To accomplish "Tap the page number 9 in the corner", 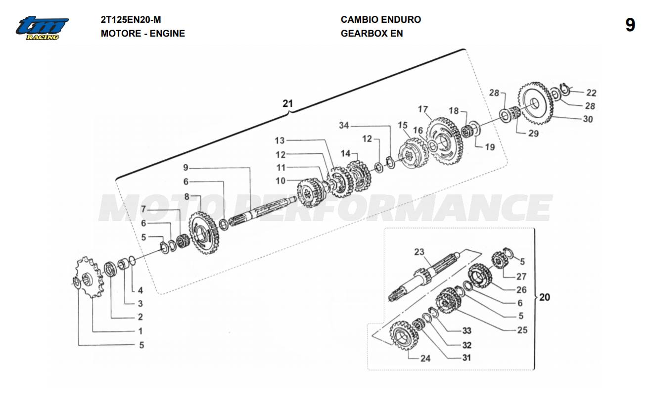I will pyautogui.click(x=630, y=25).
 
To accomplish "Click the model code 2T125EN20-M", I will pyautogui.click(x=131, y=20).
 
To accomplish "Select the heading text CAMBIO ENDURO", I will pyautogui.click(x=380, y=20).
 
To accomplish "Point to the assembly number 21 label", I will pyautogui.click(x=287, y=104).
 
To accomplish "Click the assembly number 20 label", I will pyautogui.click(x=544, y=297).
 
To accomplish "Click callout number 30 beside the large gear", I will pyautogui.click(x=587, y=119).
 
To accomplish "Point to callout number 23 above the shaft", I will pyautogui.click(x=419, y=252).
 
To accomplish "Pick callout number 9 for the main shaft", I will pyautogui.click(x=186, y=167).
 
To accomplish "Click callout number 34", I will pyautogui.click(x=344, y=126).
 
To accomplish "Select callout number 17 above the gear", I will pyautogui.click(x=422, y=109).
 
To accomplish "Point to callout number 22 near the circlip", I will pyautogui.click(x=591, y=92).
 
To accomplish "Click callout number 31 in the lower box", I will pyautogui.click(x=466, y=358).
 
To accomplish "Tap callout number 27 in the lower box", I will pyautogui.click(x=521, y=277).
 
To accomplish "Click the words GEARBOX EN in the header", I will pyautogui.click(x=372, y=34).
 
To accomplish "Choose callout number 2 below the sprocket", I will pyautogui.click(x=140, y=317).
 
